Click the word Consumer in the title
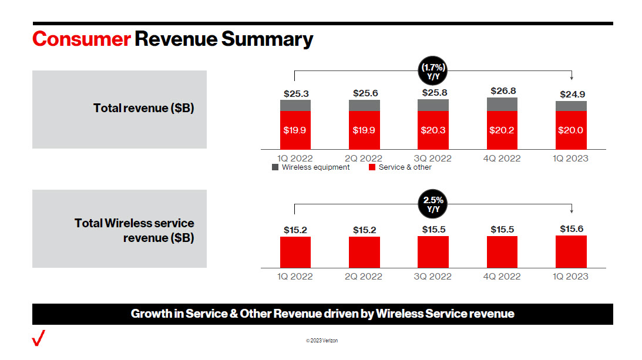(x=81, y=39)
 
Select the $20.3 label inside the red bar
(x=433, y=130)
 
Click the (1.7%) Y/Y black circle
(x=433, y=71)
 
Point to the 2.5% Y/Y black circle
(x=433, y=204)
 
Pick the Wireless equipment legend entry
(x=311, y=167)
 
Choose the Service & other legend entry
(x=399, y=167)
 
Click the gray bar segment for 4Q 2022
(x=502, y=104)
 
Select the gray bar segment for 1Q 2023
(x=571, y=106)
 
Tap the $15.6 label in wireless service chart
(x=571, y=228)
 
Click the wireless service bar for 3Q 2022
(x=433, y=252)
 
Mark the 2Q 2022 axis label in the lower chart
(x=364, y=276)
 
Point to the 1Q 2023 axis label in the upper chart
(x=571, y=159)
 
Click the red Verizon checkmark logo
(x=39, y=339)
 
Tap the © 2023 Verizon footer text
(x=321, y=341)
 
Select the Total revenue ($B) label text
(x=143, y=109)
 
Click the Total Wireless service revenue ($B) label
(x=135, y=230)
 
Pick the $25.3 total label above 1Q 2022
(x=295, y=93)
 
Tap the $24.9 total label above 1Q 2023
(x=571, y=94)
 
